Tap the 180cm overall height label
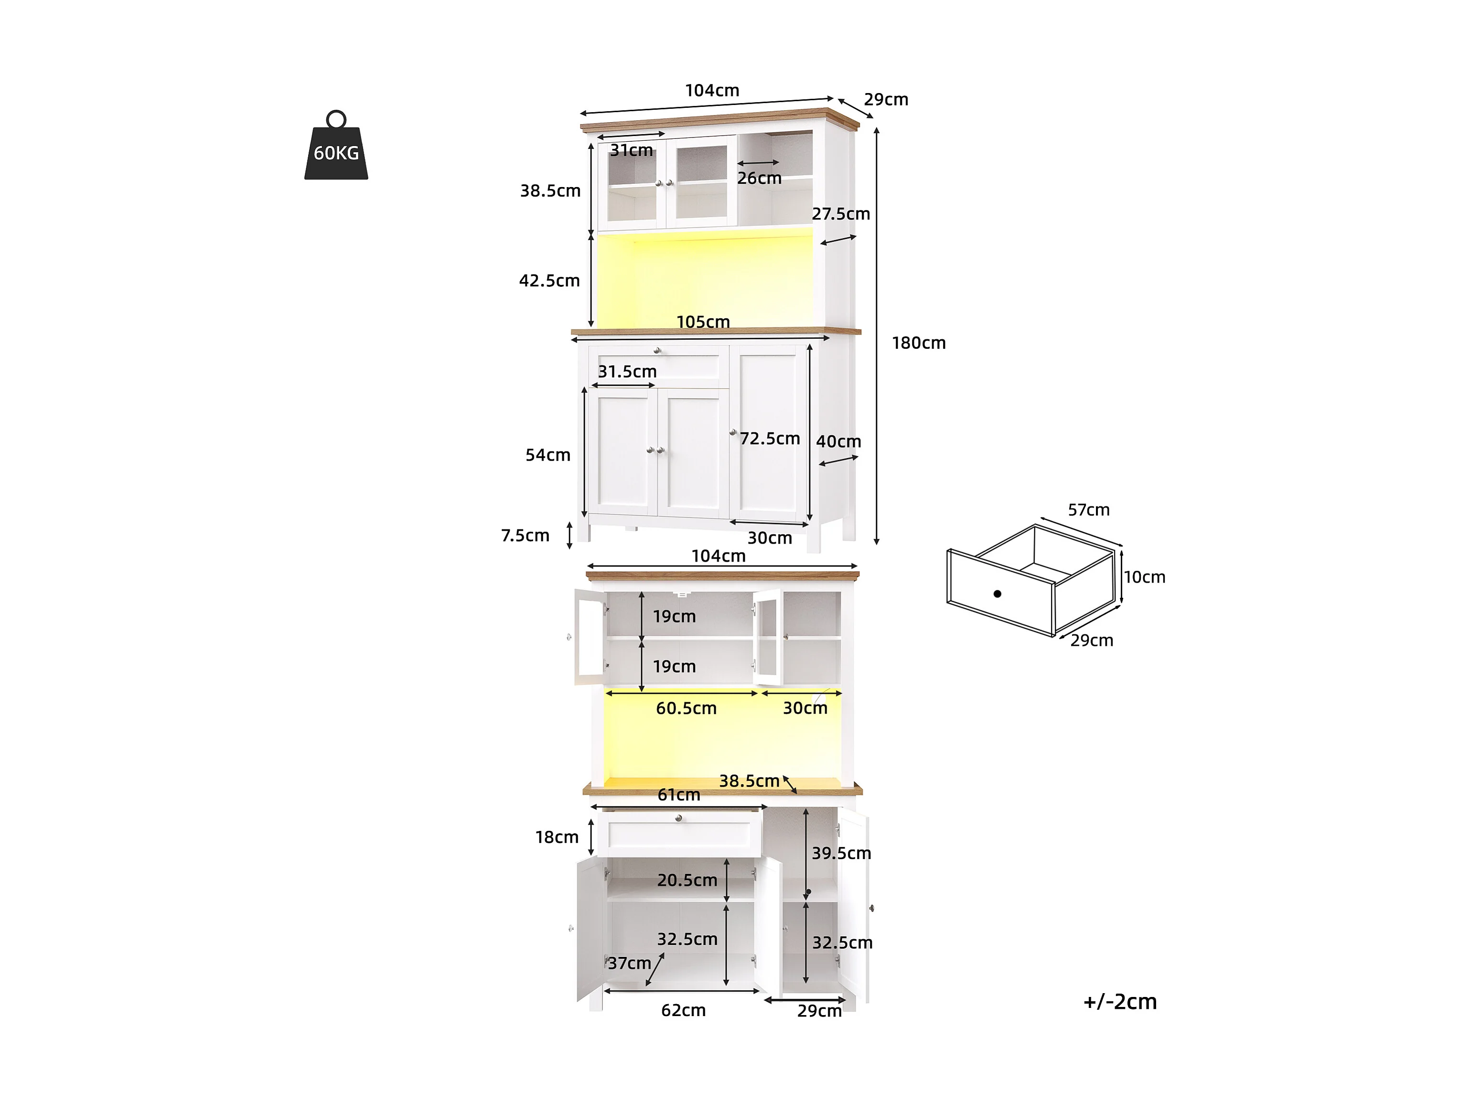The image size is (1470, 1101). coord(918,343)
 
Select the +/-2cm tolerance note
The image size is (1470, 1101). coord(1120,1001)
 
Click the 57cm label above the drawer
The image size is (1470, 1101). coord(1089,510)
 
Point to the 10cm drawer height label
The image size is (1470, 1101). coord(1144,577)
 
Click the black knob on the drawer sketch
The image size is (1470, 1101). coord(998,594)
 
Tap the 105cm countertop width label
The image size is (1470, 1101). coord(703,322)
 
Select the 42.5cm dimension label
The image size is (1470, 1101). coord(549,281)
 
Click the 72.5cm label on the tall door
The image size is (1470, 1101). coord(770,439)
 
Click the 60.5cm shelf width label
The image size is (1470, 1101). coord(687,709)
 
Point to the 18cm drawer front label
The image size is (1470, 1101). coord(557,838)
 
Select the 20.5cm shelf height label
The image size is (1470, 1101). coord(687,881)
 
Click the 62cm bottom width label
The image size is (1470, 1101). coord(683,1011)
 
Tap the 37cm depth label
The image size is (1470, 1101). coord(629,964)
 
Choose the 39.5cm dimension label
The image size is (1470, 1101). coord(841,853)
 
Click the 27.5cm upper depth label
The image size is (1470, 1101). coord(841,214)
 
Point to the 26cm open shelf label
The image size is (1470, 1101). coord(759,178)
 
